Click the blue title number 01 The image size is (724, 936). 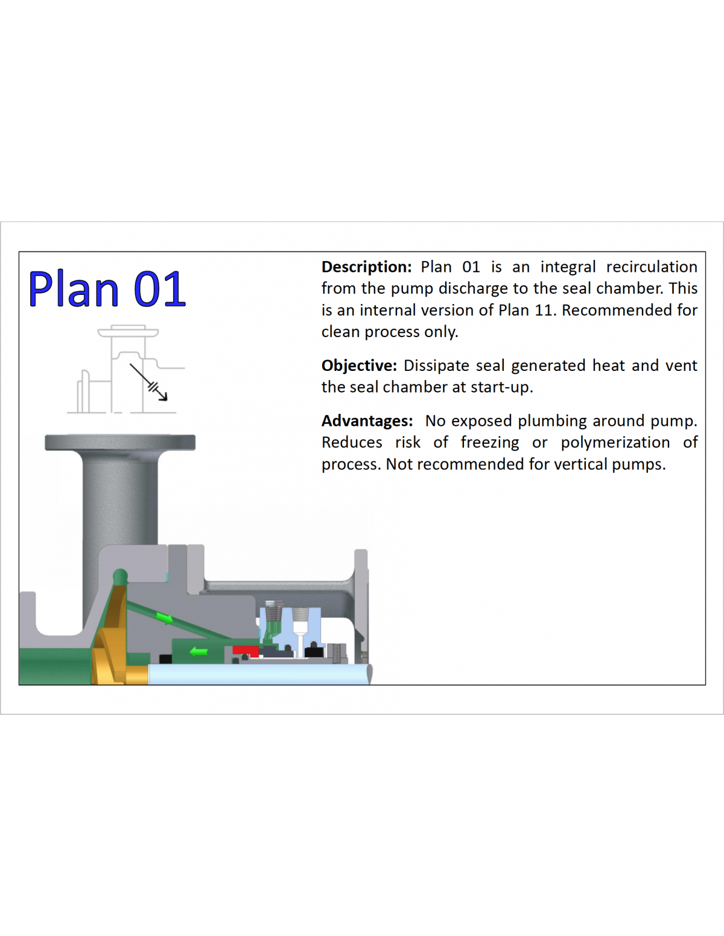pos(160,289)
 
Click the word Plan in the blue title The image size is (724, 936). pos(74,289)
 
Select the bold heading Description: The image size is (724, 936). pos(366,267)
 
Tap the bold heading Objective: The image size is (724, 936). pos(359,365)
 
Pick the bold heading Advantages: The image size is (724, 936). pos(367,420)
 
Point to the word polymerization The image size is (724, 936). pos(615,442)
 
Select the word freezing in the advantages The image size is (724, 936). pos(490,442)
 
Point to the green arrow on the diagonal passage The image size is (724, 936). pos(165,618)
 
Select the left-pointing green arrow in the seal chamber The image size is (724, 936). pos(199,652)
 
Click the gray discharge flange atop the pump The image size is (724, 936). pos(120,443)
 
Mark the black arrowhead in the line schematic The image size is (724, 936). pos(163,396)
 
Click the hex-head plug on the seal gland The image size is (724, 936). pos(270,606)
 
